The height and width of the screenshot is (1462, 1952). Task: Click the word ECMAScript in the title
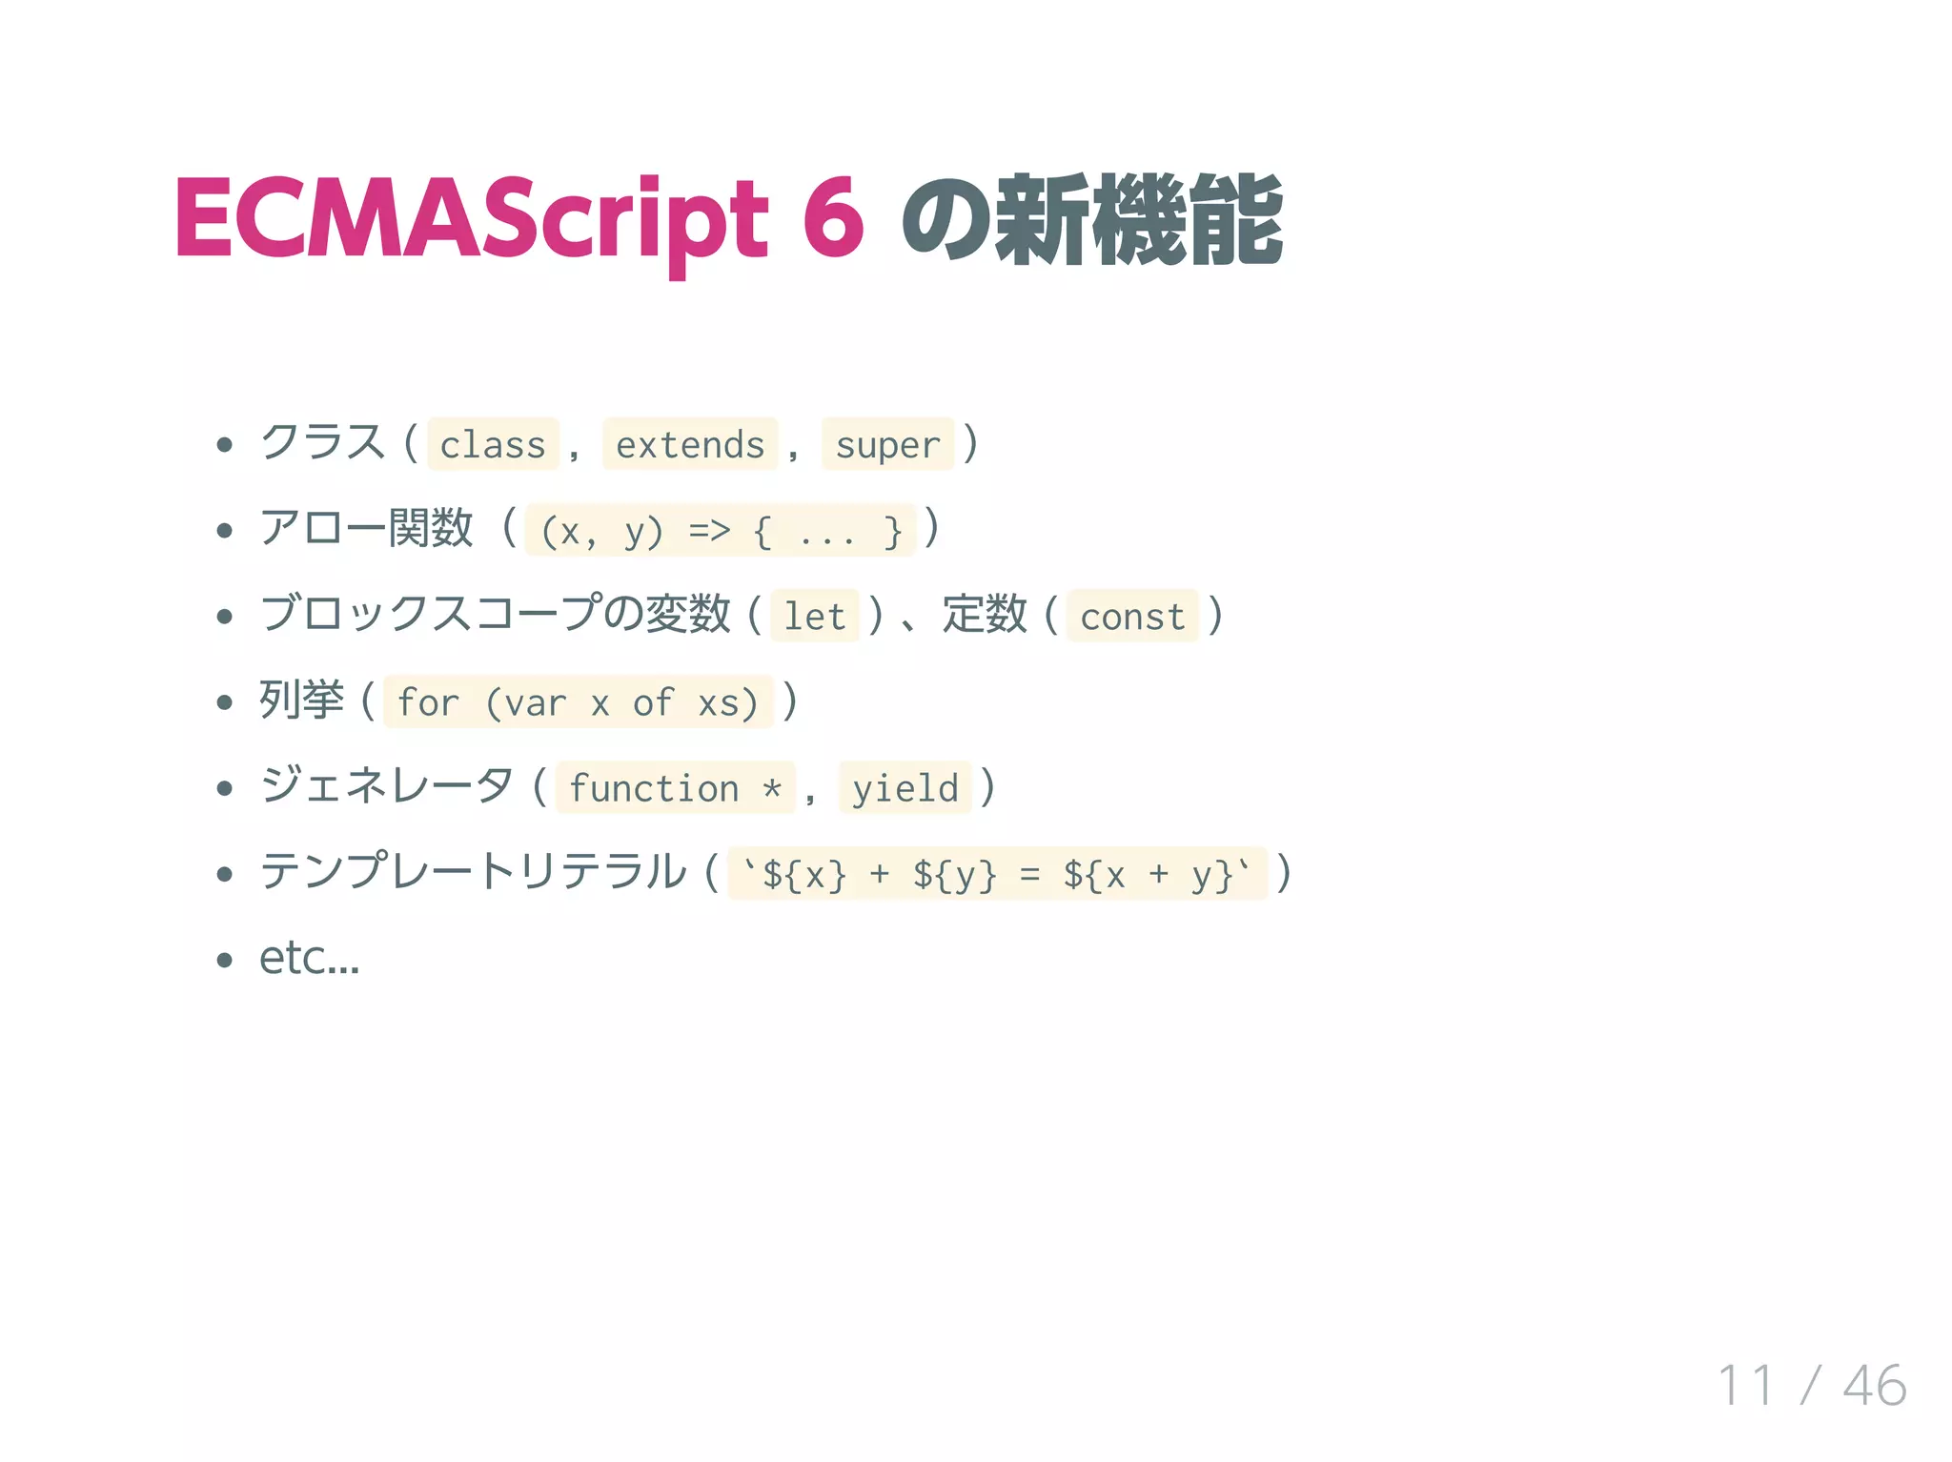point(471,219)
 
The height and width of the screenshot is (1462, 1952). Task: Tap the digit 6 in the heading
point(833,219)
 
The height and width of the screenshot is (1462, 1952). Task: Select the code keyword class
point(492,445)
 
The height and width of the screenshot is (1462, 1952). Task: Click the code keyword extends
point(690,445)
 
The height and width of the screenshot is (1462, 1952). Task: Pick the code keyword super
point(887,445)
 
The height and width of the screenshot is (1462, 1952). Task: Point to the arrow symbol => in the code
point(709,530)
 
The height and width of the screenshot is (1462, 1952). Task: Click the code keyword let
point(814,617)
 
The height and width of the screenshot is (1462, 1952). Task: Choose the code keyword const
point(1132,617)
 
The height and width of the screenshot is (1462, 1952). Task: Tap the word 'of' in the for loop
point(653,702)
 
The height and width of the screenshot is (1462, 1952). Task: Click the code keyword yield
point(905,788)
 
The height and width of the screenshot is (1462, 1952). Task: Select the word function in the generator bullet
point(654,788)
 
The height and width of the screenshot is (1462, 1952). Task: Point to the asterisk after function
point(772,789)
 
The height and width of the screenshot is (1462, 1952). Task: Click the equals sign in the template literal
point(1029,874)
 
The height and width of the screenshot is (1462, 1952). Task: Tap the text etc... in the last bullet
point(309,958)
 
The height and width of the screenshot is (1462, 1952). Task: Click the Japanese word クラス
point(323,443)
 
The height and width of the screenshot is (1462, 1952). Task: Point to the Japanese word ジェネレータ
point(387,786)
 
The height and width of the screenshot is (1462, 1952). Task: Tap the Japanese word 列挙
point(301,701)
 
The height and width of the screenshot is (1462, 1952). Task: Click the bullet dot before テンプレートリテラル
point(225,874)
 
